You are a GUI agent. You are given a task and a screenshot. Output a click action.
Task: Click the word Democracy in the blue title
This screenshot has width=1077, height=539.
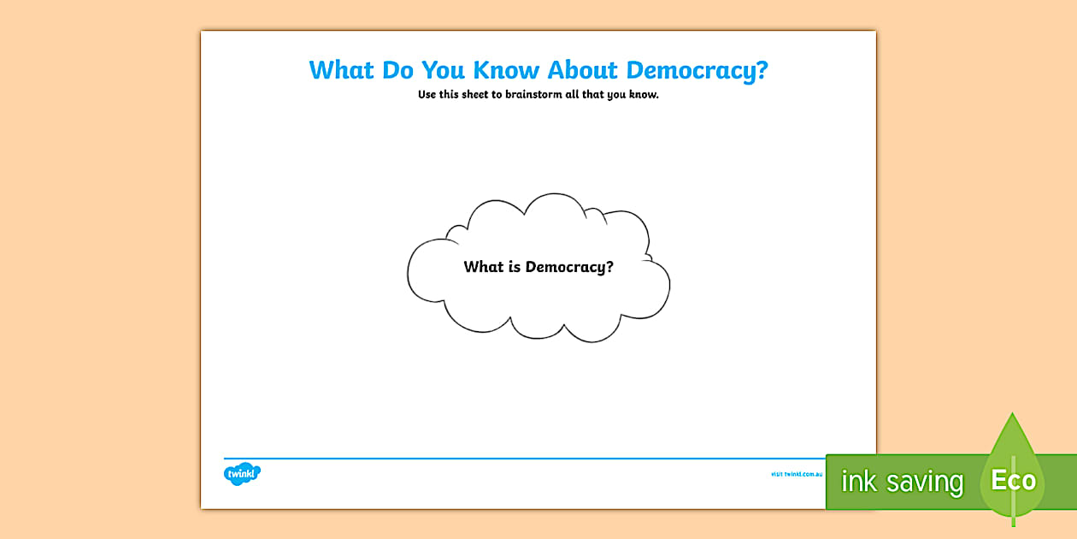[686, 70]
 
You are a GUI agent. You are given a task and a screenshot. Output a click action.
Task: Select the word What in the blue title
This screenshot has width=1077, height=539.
[342, 70]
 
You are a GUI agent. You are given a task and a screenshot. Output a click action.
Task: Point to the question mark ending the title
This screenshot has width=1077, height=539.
[762, 70]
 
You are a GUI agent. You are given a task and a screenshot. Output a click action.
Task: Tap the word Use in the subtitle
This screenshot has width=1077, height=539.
[427, 95]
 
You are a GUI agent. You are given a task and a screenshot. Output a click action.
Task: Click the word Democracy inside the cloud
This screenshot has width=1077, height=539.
[565, 267]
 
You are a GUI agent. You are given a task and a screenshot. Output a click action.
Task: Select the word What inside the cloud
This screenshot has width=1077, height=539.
[484, 267]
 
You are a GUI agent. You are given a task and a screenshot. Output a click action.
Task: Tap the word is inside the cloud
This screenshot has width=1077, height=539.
[515, 267]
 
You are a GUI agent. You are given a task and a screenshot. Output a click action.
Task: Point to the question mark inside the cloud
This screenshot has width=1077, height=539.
[609, 267]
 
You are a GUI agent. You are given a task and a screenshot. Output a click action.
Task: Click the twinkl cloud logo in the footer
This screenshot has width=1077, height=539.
[242, 473]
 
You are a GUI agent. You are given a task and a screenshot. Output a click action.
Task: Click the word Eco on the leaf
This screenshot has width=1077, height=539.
[1013, 481]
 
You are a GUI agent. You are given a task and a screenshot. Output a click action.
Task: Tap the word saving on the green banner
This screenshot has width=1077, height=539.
[924, 483]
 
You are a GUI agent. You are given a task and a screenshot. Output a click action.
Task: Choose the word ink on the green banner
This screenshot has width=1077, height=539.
[858, 482]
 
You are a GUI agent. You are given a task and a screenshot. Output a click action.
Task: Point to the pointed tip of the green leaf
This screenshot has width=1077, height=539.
[1013, 416]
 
